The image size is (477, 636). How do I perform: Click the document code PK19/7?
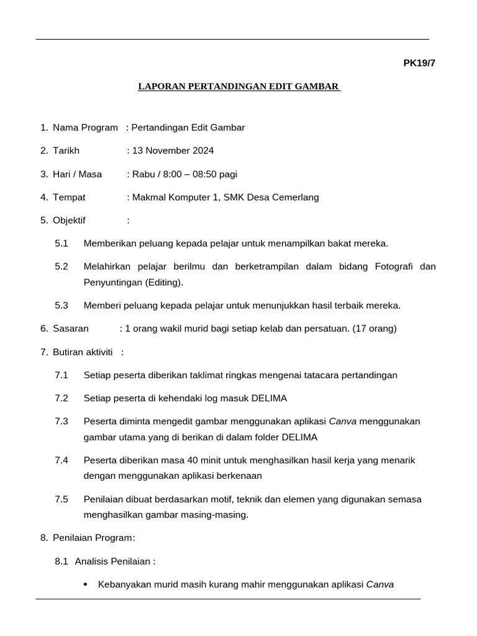coord(420,63)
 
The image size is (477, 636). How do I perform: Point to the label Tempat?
coord(69,197)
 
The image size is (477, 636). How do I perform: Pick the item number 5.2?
coord(61,266)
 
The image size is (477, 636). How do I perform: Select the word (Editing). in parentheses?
coord(165,282)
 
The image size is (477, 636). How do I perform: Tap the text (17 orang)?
coord(375,328)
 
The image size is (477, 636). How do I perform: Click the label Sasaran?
coord(71,328)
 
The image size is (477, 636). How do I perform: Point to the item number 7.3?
coord(61,421)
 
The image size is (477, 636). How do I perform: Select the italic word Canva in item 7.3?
coord(342,421)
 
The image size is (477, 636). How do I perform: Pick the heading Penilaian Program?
coord(93,538)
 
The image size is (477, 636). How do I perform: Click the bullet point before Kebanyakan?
coord(85,584)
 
